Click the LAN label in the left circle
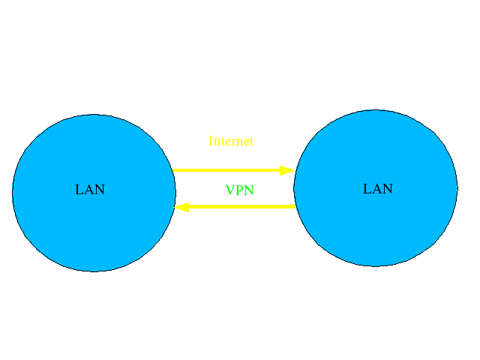(x=90, y=190)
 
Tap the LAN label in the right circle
(x=378, y=189)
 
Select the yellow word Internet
(x=231, y=141)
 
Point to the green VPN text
(x=240, y=190)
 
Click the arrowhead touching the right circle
(x=286, y=170)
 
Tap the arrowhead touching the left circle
(x=181, y=206)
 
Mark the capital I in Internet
(x=211, y=141)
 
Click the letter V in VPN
(x=230, y=190)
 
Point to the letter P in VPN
(x=239, y=190)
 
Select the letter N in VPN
(x=249, y=190)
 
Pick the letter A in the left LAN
(x=89, y=190)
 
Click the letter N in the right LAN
(x=388, y=189)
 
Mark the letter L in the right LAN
(x=367, y=189)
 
